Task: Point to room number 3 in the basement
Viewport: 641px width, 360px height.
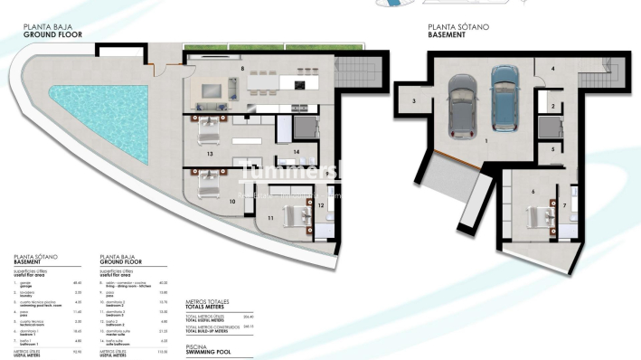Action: click(413, 101)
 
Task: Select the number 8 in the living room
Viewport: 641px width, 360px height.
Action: click(242, 69)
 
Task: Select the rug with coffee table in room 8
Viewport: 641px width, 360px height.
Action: click(212, 90)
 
